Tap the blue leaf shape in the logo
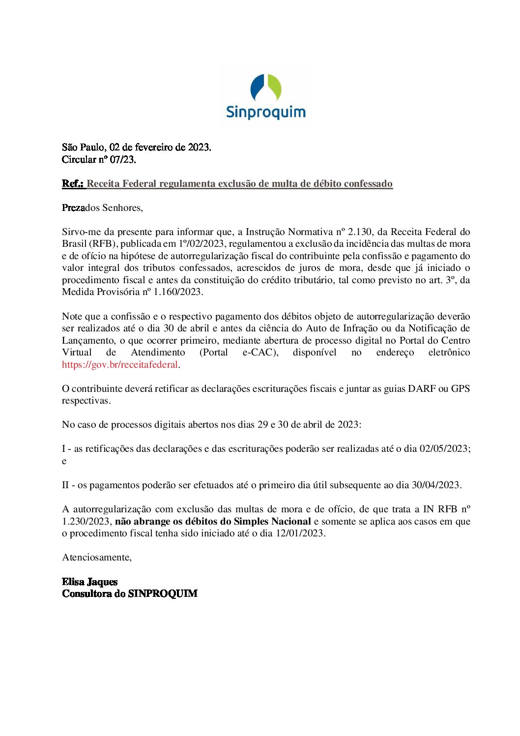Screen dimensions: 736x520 point(258,87)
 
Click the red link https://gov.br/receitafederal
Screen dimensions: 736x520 point(120,364)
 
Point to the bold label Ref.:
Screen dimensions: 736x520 point(73,183)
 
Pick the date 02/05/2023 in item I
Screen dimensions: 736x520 point(444,448)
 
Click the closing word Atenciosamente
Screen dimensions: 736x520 point(96,557)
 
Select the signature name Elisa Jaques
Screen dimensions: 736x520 point(90,582)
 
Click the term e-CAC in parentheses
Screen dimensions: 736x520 point(259,353)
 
